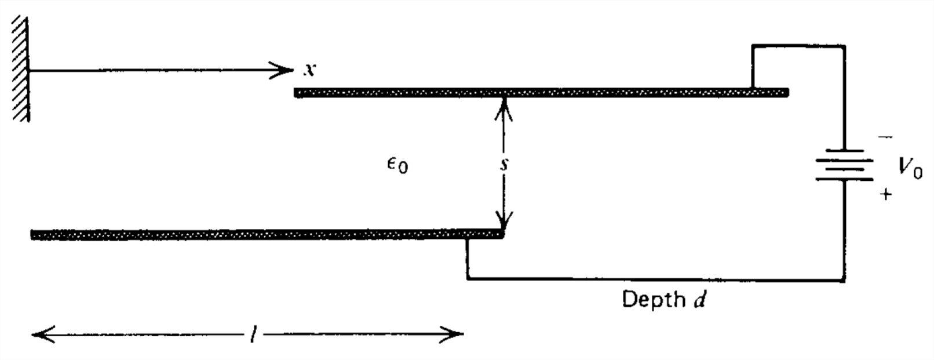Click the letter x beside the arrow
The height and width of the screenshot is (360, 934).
click(x=310, y=70)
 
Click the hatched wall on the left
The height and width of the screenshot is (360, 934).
click(x=20, y=68)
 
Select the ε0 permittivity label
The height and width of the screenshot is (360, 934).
click(x=397, y=165)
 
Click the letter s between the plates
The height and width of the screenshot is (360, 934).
click(x=504, y=164)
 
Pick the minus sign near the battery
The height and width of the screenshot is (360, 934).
click(x=885, y=137)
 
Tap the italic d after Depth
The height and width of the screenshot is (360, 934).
click(x=699, y=300)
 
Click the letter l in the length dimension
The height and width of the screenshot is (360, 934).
click(x=253, y=334)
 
